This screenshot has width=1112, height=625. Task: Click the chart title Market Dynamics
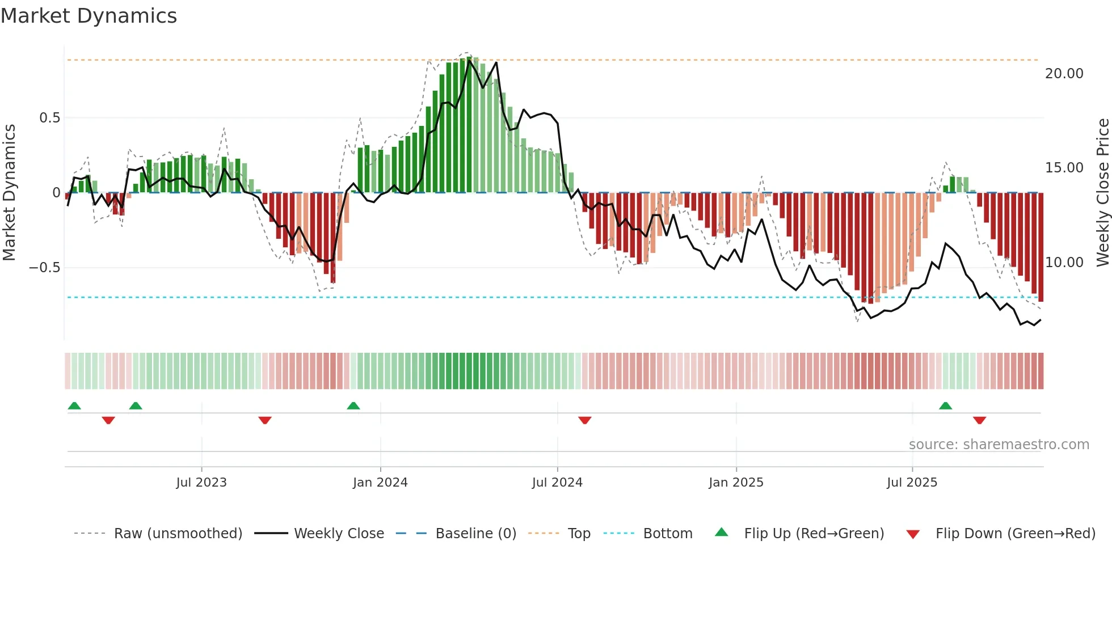point(89,16)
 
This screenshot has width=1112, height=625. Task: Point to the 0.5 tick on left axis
point(49,118)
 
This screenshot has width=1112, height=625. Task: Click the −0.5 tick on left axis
point(45,267)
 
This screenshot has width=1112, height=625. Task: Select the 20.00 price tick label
point(1064,74)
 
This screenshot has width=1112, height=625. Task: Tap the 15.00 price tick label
point(1064,168)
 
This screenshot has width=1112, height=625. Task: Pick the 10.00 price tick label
point(1064,263)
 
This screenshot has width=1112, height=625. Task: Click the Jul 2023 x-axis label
point(201,483)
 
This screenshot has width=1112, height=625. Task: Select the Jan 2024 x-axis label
point(380,483)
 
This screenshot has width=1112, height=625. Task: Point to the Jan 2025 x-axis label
point(736,483)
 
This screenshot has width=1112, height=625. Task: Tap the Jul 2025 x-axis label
point(912,483)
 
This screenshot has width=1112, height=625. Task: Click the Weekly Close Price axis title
point(1102,193)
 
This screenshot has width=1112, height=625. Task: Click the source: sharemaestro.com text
point(999,445)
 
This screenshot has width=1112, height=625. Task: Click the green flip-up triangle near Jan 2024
point(353,406)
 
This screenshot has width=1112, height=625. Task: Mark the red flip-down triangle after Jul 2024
point(585,420)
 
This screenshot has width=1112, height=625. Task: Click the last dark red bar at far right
point(1041,247)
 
